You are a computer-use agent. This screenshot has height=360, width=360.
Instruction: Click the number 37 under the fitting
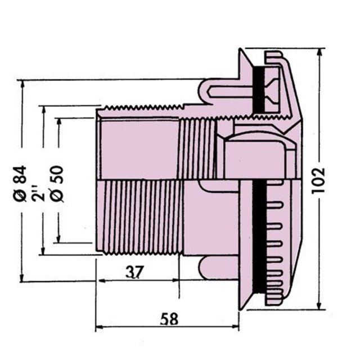click(133, 272)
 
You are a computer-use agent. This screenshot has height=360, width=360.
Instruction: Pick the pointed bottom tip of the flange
click(242, 306)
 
